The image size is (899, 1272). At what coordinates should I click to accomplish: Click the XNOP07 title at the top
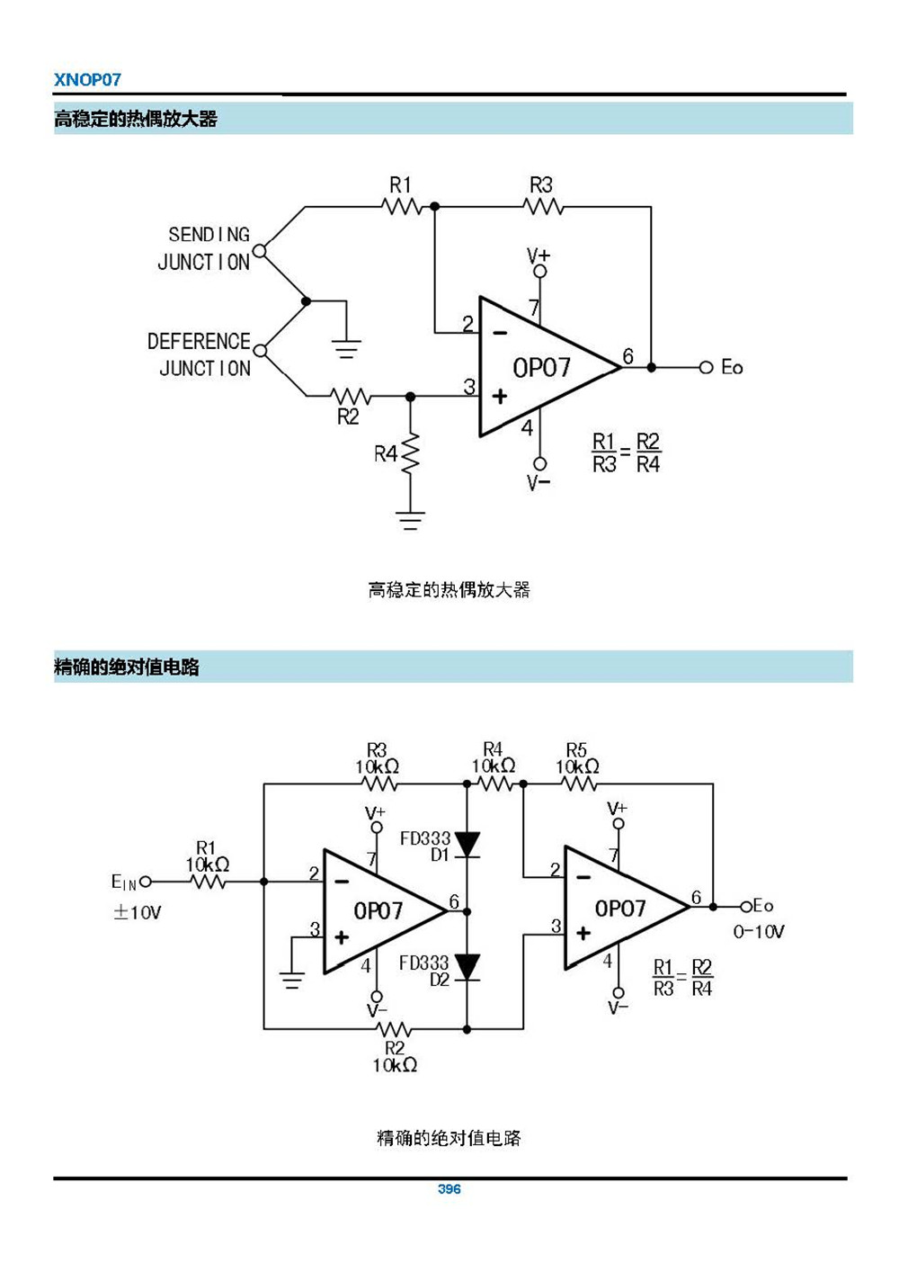[87, 79]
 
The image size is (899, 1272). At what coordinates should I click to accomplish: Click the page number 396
[449, 1188]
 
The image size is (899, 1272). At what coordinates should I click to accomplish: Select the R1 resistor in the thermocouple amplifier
[401, 206]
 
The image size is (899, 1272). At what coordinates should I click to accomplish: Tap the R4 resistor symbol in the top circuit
[410, 454]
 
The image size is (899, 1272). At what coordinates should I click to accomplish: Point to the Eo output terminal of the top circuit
[707, 367]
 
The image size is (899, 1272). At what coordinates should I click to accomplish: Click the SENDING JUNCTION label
[205, 248]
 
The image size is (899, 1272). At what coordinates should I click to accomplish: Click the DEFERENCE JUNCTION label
[200, 354]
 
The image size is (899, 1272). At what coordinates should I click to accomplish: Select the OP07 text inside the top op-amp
[541, 368]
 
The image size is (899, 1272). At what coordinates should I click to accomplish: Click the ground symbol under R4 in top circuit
[410, 520]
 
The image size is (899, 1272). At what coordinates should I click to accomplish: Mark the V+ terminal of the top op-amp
[539, 270]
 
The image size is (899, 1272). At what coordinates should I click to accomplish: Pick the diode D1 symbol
[467, 845]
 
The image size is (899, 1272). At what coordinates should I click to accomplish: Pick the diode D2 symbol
[467, 968]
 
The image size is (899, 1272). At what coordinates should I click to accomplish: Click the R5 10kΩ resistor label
[577, 758]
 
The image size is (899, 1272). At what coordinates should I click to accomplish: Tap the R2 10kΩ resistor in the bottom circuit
[394, 1029]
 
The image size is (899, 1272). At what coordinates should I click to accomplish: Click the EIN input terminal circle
[146, 882]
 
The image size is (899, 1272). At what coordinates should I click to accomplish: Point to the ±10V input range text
[137, 912]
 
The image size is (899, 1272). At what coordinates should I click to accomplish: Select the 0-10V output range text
[758, 932]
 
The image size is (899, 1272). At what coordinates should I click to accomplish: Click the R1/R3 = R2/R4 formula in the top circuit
[626, 452]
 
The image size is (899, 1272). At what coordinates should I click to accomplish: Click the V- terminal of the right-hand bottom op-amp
[618, 993]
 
